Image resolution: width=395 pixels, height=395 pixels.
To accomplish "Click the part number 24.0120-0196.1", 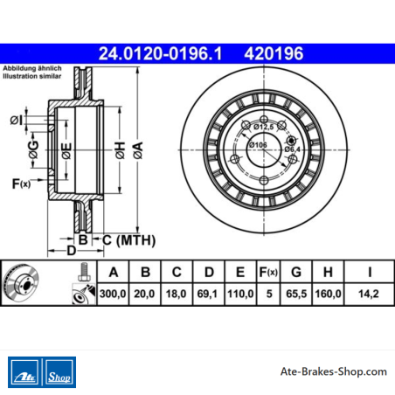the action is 160,53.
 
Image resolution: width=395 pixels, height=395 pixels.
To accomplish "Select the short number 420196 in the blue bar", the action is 274,53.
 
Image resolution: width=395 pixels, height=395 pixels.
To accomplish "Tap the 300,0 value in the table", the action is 113,294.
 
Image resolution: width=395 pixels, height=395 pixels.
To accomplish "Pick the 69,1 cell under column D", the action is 207,294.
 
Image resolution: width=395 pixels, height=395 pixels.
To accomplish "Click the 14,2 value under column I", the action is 369,294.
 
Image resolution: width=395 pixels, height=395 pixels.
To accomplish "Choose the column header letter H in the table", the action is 328,272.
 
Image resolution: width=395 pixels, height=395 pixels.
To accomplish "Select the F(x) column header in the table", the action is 268,273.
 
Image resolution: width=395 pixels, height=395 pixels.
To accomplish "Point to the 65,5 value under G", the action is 296,294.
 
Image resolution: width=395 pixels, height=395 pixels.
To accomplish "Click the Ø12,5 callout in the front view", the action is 263,127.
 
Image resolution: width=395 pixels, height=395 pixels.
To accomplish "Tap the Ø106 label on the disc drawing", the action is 258,144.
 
